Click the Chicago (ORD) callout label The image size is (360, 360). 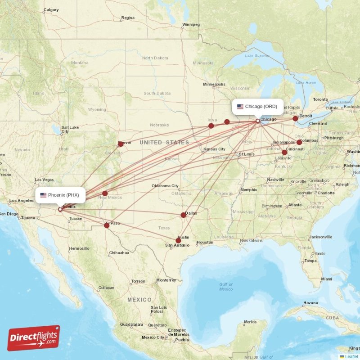(x=258, y=107)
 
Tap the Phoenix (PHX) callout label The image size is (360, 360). (x=60, y=195)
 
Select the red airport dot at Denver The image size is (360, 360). (x=121, y=144)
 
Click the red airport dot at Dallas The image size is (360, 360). (x=183, y=215)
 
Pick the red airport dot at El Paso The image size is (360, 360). (x=107, y=225)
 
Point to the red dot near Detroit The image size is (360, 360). (x=295, y=118)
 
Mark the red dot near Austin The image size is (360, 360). (x=178, y=240)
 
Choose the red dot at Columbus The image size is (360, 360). (x=299, y=142)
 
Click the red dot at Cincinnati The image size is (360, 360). (x=284, y=152)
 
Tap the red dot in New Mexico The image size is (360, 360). (x=105, y=193)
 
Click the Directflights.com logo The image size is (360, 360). (x=34, y=338)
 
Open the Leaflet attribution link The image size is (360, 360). (x=351, y=356)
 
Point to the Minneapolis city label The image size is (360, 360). (x=214, y=85)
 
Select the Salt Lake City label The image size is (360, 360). (x=70, y=130)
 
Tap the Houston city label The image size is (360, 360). (x=205, y=243)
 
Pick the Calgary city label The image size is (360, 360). (x=51, y=10)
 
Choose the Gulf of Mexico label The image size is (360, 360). (x=226, y=287)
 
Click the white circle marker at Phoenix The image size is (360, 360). (x=60, y=209)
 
